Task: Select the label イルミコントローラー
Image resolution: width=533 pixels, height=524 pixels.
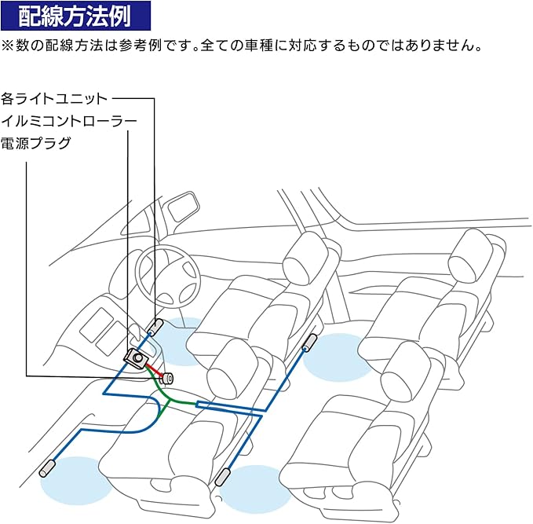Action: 70,121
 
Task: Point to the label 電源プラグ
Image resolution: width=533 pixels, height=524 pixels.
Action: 36,143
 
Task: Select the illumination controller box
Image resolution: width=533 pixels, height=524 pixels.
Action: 137,357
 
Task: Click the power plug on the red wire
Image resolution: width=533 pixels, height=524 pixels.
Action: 167,377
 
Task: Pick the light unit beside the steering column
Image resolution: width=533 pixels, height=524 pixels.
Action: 155,326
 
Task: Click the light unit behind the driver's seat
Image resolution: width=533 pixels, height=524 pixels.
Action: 308,343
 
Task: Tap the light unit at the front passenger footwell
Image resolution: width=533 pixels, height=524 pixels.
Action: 49,469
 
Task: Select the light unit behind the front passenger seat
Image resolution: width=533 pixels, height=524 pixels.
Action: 222,477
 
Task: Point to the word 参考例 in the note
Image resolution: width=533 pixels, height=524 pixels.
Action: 168,45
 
